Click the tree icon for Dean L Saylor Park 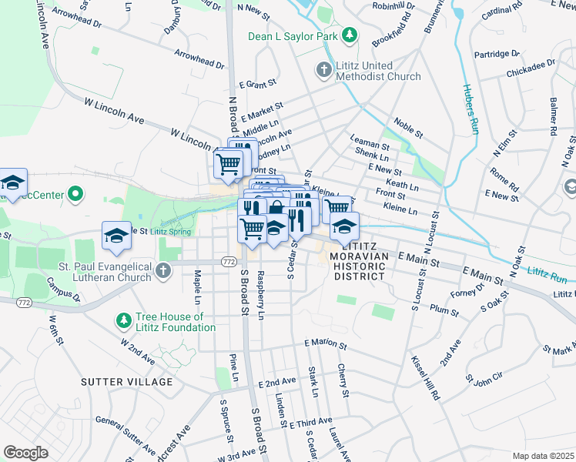tap(350, 35)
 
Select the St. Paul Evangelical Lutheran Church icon tap(162, 270)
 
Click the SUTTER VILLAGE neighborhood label tap(127, 382)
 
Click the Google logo tap(25, 452)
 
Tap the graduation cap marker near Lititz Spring tap(116, 236)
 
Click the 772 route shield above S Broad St tap(228, 262)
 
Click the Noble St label tap(408, 127)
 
